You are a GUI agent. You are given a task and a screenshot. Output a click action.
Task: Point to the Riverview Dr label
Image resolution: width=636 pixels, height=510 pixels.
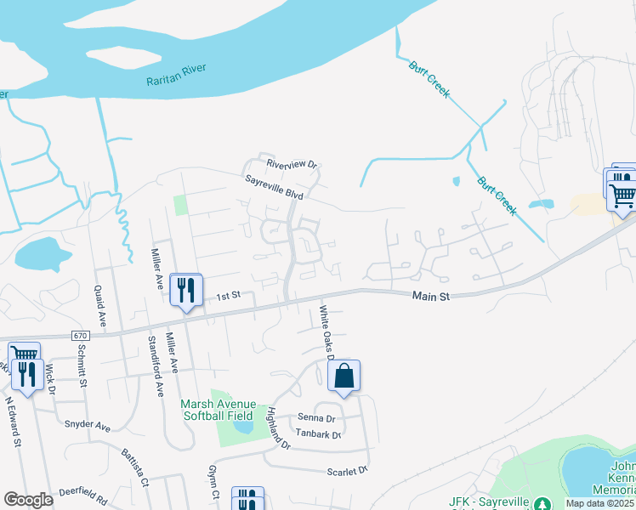point(291,164)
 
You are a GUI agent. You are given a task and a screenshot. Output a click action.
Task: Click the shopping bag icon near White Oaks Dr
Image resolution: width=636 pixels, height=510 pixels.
point(344,376)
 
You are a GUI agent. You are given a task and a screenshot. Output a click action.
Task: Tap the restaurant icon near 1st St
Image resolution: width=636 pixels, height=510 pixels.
point(185,290)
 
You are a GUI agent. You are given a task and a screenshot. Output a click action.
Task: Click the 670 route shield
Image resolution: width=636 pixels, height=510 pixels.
point(81,336)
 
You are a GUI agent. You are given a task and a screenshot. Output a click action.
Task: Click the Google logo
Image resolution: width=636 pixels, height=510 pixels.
point(29,499)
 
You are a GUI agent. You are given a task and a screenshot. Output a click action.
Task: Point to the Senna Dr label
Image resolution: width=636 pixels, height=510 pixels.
point(316,418)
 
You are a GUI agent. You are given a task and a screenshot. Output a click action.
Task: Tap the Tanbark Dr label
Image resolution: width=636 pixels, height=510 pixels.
point(317,434)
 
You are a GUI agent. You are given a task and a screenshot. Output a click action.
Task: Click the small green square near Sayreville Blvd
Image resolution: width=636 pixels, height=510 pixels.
point(180,205)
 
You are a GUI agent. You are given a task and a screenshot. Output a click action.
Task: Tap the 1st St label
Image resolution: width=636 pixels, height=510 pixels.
point(229,296)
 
